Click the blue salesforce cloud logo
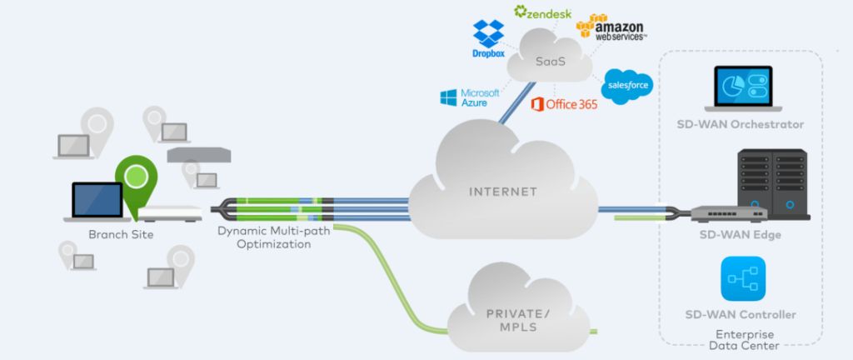[x=626, y=86]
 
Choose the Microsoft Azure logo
[x=470, y=97]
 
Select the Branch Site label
[x=121, y=234]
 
